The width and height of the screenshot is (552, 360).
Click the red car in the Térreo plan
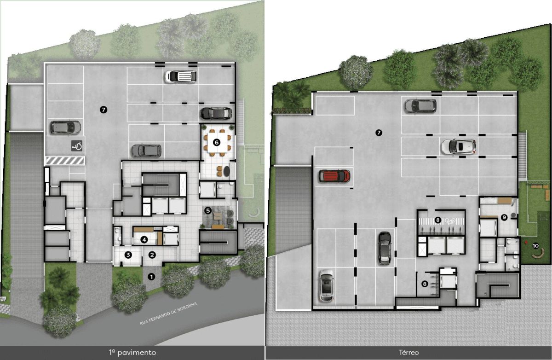click(334, 176)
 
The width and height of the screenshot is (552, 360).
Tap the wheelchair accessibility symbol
click(77, 146)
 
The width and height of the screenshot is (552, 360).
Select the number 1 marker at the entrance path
click(151, 277)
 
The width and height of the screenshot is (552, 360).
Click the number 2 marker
click(152, 255)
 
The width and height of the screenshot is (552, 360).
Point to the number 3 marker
click(128, 255)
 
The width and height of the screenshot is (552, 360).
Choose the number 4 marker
click(144, 239)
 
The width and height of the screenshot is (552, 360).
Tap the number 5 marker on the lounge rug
click(208, 210)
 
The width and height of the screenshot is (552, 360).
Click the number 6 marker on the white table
click(216, 142)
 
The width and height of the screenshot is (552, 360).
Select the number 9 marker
click(504, 217)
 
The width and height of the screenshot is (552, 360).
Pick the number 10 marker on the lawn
click(535, 246)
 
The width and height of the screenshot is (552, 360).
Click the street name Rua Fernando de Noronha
click(168, 314)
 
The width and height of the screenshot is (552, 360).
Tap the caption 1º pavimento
click(132, 352)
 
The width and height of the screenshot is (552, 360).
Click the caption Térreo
click(408, 353)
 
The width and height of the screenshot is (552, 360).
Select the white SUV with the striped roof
click(181, 76)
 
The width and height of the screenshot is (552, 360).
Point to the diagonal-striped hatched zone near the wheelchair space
click(65, 161)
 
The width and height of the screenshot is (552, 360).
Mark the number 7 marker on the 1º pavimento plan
click(103, 110)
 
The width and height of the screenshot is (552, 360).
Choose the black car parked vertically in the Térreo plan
click(385, 248)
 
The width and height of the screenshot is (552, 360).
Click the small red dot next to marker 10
click(526, 243)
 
